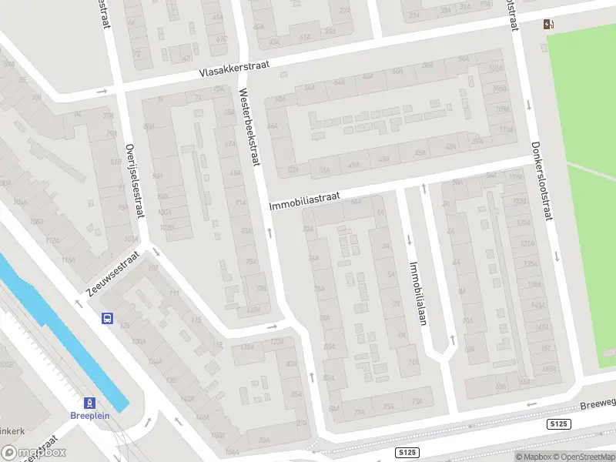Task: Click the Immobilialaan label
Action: pos(417,293)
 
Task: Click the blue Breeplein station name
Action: pos(90,417)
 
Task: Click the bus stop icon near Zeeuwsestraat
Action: pos(108,318)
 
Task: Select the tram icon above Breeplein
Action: pos(90,403)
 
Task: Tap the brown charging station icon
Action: pos(548,24)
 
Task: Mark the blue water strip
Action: pos(62,331)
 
